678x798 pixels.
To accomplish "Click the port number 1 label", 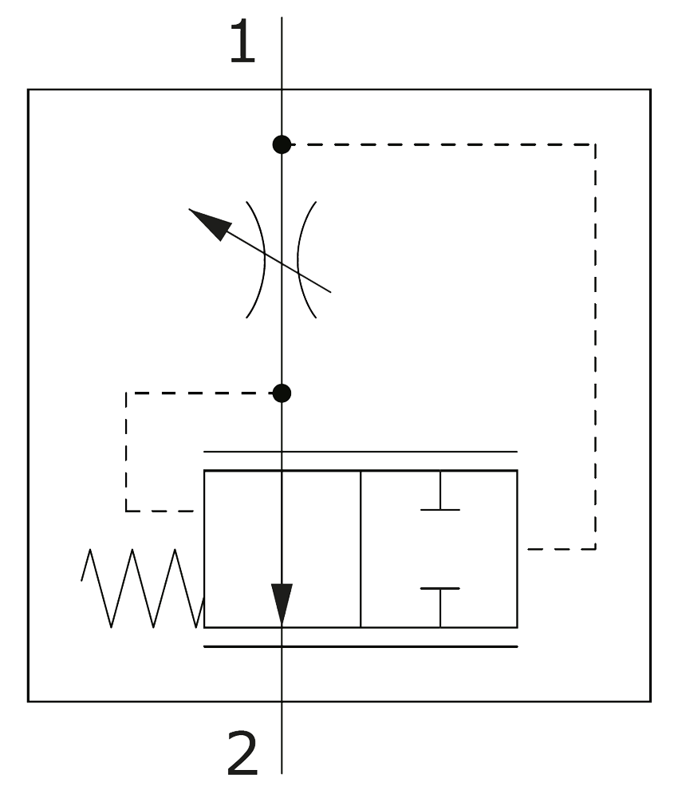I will (242, 43).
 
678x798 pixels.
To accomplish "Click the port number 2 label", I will (242, 754).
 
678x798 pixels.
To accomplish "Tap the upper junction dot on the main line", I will (282, 144).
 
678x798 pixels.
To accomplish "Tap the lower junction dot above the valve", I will (282, 393).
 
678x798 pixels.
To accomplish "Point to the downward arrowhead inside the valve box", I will (282, 604).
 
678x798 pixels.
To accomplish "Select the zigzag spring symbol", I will (142, 588).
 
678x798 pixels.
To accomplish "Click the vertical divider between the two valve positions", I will (361, 549).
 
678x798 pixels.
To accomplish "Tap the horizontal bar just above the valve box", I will (361, 452).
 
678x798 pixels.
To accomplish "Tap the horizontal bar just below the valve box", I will (361, 646).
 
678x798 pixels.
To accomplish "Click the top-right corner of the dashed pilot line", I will (595, 144).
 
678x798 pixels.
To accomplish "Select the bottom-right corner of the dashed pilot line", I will (595, 549).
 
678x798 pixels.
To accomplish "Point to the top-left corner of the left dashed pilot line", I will (126, 393).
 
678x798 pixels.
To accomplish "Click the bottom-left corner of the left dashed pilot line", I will (126, 511).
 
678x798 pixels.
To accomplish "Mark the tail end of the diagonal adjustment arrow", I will (329, 291).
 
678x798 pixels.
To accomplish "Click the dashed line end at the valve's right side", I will (529, 549).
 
